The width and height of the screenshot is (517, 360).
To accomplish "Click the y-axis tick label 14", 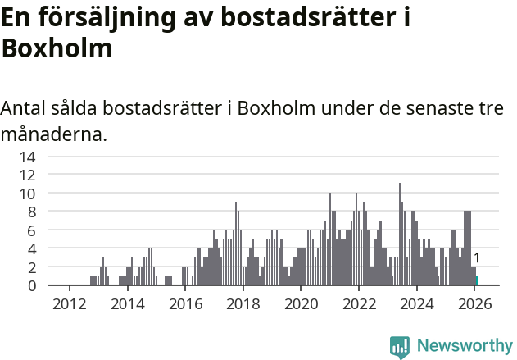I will (27, 157).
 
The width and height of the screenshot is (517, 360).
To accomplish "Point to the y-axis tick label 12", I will (27, 175).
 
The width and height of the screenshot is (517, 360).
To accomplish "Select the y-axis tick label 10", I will (27, 194).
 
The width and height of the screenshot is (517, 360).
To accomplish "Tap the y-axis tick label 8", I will (31, 212).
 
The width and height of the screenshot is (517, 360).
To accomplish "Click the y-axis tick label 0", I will (31, 285).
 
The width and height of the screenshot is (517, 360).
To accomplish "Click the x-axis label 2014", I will (127, 303).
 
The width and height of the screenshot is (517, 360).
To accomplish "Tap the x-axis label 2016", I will (185, 303).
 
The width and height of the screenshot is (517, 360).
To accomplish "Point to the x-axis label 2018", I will (243, 303).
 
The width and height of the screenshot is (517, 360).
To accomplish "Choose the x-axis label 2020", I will (301, 303).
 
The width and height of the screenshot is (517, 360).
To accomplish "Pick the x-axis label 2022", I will (359, 303).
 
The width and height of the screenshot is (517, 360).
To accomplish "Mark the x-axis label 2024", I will (417, 303).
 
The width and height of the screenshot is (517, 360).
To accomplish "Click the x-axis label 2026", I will (474, 303).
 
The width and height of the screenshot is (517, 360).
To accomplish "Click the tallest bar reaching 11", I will (400, 235).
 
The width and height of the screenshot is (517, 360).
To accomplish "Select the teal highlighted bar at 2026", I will (478, 280).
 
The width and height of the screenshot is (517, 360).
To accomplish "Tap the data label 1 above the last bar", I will (477, 258).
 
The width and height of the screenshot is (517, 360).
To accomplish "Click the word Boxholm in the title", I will (57, 48).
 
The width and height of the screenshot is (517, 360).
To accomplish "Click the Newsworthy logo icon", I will (400, 347).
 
